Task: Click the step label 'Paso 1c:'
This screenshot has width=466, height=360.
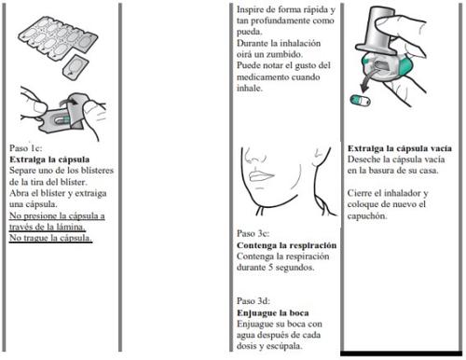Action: [25, 148]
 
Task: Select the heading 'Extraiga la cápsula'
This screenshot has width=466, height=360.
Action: [49, 159]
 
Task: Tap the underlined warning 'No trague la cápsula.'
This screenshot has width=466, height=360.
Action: [50, 238]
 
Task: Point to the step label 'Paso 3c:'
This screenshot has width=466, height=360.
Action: [253, 233]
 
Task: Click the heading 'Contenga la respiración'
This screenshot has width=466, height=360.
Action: [286, 245]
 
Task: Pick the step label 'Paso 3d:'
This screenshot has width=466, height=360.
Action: [254, 301]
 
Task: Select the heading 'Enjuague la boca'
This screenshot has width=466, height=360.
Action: [273, 312]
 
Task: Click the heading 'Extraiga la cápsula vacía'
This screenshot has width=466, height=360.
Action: [400, 148]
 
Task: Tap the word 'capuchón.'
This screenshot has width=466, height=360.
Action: [367, 215]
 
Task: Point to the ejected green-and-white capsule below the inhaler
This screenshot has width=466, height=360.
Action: [361, 101]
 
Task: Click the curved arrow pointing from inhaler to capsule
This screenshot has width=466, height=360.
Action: [370, 81]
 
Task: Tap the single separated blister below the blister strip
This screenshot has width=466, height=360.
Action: [75, 66]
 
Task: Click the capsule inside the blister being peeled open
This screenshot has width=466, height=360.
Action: [63, 120]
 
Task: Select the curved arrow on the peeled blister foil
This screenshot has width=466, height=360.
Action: [69, 101]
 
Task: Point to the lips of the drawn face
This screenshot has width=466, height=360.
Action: [262, 175]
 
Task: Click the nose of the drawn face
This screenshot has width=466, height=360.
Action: [254, 156]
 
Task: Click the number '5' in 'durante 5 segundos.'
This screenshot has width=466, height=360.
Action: [271, 267]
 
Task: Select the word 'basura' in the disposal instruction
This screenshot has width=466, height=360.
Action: [378, 171]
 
